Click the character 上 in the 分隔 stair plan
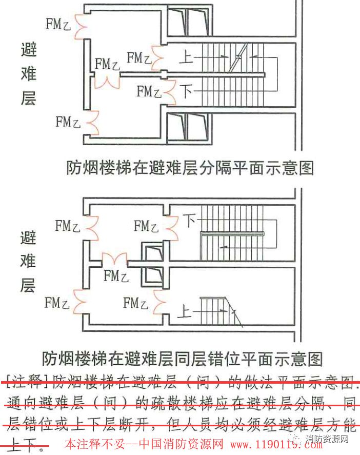coord(187,56)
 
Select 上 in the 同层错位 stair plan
coord(186,310)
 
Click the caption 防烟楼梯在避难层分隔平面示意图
coord(190,168)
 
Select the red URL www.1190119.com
coord(276,444)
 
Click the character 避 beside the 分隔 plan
coord(28,51)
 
